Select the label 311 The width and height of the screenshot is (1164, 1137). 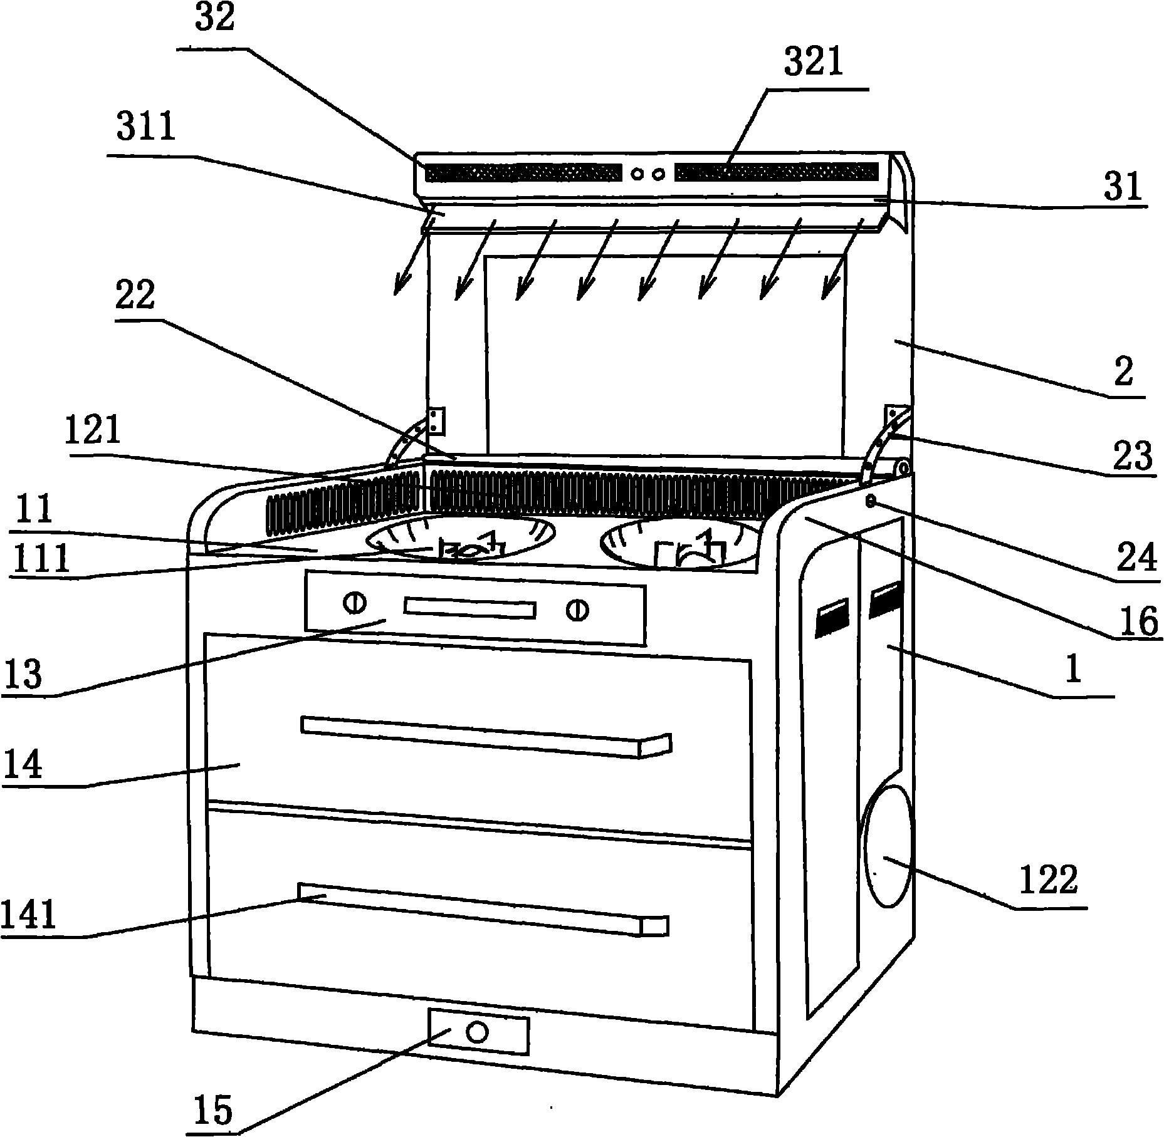pyautogui.click(x=145, y=128)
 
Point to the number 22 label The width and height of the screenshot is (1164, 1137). pyautogui.click(x=135, y=294)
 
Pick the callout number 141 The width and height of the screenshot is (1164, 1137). pyautogui.click(x=29, y=914)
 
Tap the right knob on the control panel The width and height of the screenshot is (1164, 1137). pyautogui.click(x=576, y=610)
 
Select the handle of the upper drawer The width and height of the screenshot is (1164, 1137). pyautogui.click(x=486, y=737)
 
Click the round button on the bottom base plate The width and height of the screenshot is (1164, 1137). pyautogui.click(x=478, y=1031)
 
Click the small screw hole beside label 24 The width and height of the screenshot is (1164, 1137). pyautogui.click(x=871, y=500)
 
